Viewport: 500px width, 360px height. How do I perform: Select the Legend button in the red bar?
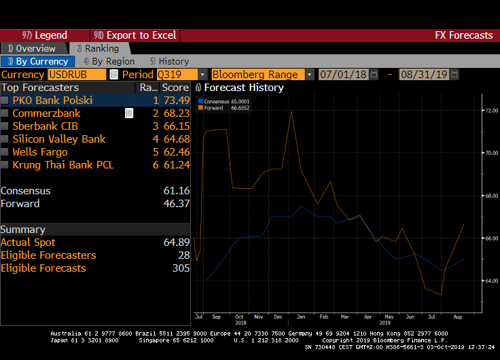click(x=45, y=35)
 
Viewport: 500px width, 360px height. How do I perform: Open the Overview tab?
click(x=32, y=48)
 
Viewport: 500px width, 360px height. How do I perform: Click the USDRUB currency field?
click(x=77, y=75)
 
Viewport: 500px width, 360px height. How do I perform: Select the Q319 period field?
click(x=177, y=75)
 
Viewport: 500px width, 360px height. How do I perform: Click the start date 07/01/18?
click(x=343, y=75)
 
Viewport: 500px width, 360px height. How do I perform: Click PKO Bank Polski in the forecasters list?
click(x=52, y=101)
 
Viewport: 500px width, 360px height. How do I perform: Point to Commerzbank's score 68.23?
click(x=175, y=113)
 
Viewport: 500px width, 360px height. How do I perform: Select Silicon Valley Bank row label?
click(x=59, y=139)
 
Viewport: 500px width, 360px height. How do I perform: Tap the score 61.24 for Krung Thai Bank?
click(x=175, y=165)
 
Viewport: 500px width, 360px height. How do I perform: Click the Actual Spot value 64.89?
click(x=176, y=242)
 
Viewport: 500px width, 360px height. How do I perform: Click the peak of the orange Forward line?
click(x=291, y=111)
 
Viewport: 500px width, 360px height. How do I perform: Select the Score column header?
click(x=175, y=88)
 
